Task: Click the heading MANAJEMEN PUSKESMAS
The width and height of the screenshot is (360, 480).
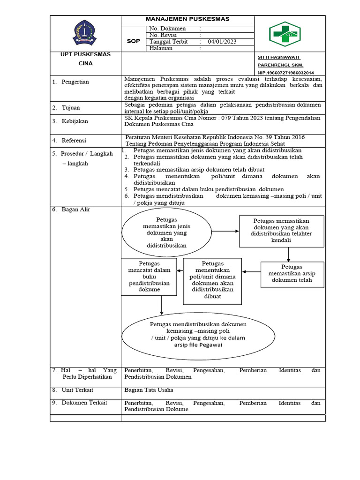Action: [187, 19]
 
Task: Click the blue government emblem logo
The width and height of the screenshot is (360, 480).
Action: [85, 33]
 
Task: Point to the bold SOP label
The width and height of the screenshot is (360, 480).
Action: [134, 41]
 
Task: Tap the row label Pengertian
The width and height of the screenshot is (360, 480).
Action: [75, 82]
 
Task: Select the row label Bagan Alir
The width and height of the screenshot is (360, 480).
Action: [75, 210]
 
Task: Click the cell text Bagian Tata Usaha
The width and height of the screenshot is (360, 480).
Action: [149, 390]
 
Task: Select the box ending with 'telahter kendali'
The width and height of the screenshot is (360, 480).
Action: [281, 231]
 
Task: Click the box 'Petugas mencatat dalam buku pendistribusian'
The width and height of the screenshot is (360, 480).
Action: [149, 277]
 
